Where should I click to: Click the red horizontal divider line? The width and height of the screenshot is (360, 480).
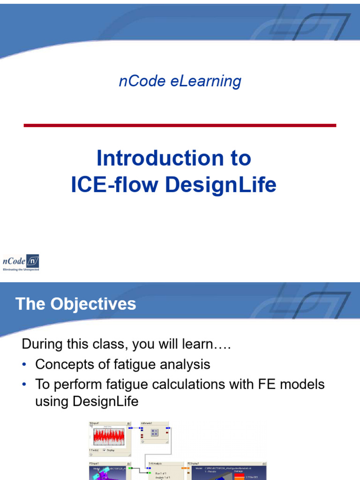point(180,126)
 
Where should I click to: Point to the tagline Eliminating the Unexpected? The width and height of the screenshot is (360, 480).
point(21,270)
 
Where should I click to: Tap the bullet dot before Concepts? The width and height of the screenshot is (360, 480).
point(24,365)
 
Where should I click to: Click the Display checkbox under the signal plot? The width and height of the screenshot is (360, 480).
point(104,450)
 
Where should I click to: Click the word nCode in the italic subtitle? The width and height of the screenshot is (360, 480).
point(142,81)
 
